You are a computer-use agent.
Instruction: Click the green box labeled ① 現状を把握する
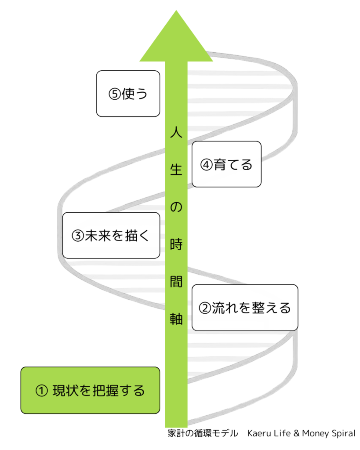click(90, 390)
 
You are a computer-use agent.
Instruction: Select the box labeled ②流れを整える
click(245, 308)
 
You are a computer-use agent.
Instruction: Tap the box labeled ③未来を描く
click(111, 236)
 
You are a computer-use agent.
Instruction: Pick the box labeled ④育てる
click(226, 164)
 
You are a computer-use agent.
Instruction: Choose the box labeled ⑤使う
click(128, 94)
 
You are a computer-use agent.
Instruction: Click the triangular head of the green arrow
click(176, 37)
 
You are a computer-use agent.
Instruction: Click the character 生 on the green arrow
click(176, 170)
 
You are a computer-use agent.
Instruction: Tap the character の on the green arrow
click(176, 207)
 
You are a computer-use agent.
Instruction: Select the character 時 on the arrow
click(176, 245)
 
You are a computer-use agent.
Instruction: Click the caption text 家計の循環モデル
click(203, 433)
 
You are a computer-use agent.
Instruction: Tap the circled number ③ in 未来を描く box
click(77, 236)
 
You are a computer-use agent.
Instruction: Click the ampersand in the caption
click(296, 433)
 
